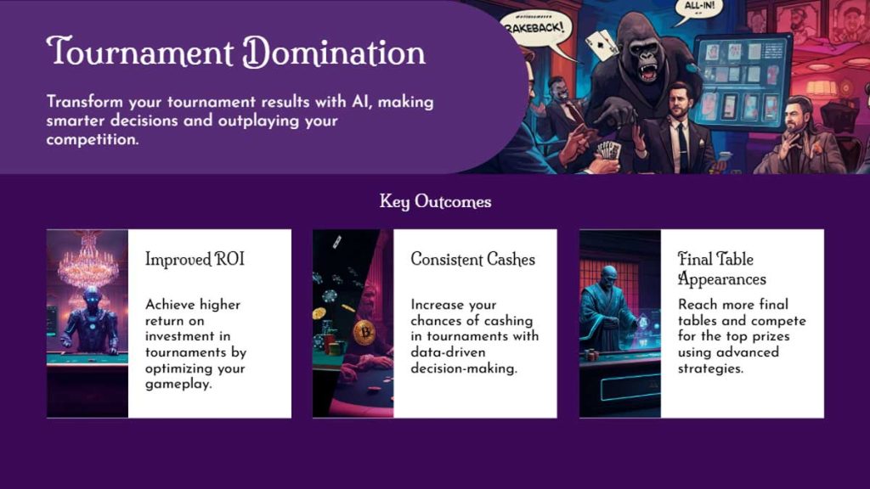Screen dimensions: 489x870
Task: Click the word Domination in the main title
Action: coord(334,53)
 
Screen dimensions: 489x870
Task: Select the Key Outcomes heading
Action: coord(435,201)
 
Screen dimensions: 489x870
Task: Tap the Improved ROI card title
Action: coord(195,259)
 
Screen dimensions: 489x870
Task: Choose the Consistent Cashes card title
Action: coord(472,259)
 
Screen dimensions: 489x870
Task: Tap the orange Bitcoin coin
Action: coord(364,332)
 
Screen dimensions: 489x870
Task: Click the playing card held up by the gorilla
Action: coord(602,44)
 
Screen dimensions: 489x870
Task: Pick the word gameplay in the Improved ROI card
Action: coord(178,384)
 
